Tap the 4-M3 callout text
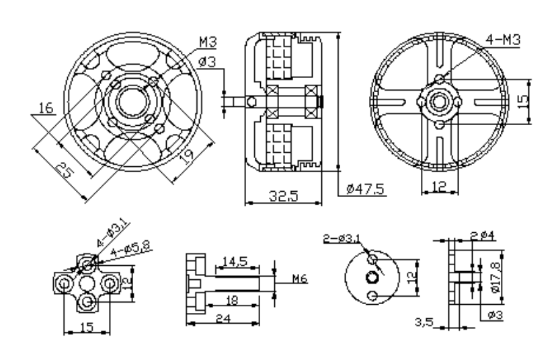[503, 41]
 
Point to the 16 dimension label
[46, 108]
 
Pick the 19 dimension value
[188, 156]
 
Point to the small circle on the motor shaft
[251, 101]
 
